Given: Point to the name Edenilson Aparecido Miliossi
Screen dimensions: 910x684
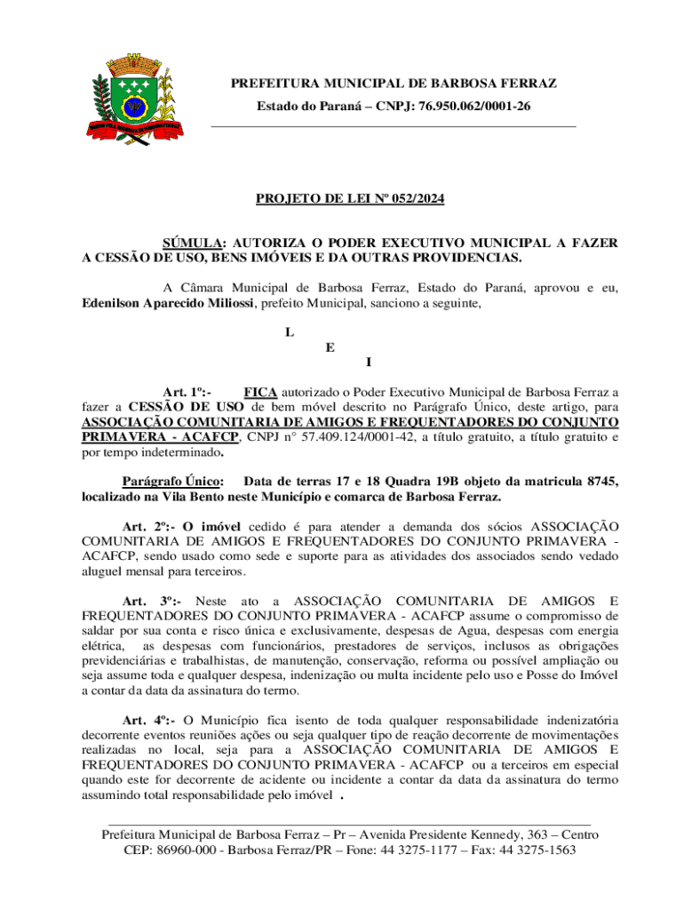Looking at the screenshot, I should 168,303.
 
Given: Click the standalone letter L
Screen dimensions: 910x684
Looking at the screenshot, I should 289,332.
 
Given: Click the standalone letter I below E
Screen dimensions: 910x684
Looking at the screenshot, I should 369,362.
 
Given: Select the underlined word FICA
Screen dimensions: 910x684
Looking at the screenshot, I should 260,391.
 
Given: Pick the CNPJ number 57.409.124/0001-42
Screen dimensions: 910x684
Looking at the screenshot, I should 366,436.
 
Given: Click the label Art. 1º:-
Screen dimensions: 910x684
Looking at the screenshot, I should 187,391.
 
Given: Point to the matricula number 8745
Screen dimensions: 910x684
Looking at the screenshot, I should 600,481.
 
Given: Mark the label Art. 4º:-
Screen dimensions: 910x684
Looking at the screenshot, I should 147,721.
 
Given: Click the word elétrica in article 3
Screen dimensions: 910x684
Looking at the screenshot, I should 103,646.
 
